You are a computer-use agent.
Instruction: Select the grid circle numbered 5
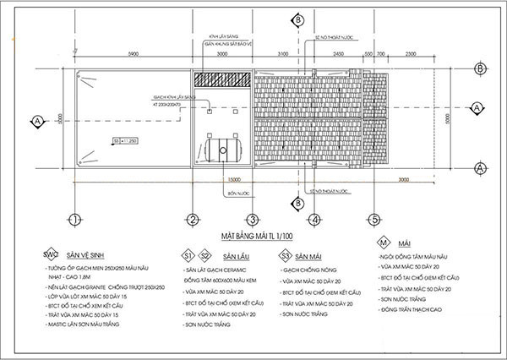pyautogui.click(x=373, y=221)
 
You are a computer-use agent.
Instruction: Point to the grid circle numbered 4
pyautogui.click(x=314, y=221)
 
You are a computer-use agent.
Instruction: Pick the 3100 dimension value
pyautogui.click(x=283, y=53)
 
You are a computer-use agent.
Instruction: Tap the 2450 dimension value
pyautogui.click(x=337, y=53)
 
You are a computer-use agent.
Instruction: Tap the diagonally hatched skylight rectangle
pyautogui.click(x=223, y=79)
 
